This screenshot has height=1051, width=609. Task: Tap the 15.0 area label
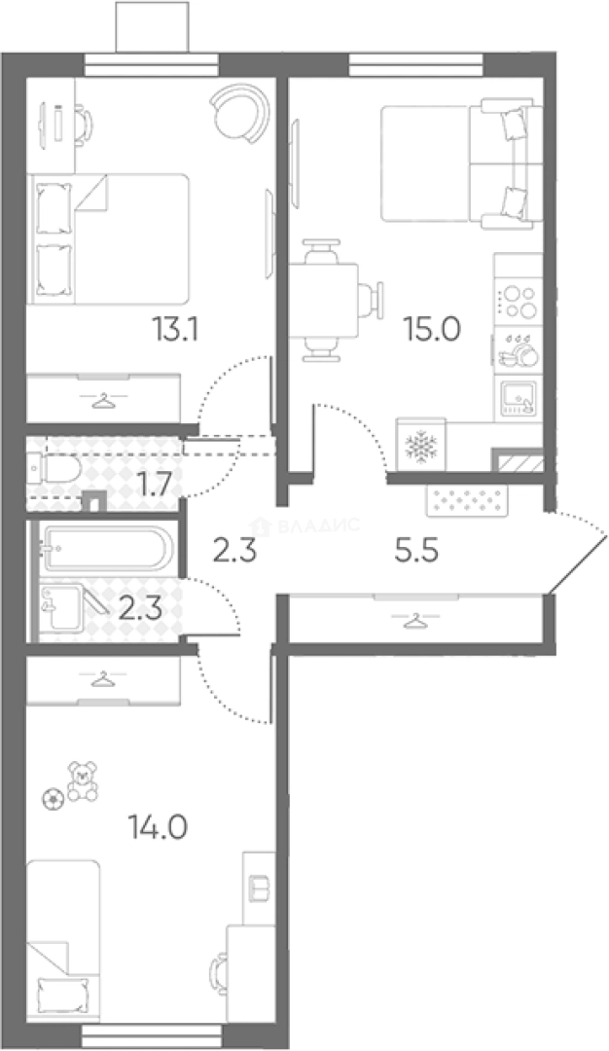pos(431,329)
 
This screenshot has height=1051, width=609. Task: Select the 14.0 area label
pos(158,828)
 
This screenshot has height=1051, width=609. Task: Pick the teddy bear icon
pos(82,780)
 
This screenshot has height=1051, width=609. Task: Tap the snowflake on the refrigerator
pos(420,446)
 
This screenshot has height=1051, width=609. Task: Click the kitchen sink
pos(518,397)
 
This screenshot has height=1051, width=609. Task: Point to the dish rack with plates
pos(517,350)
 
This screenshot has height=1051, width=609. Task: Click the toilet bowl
pos(54,469)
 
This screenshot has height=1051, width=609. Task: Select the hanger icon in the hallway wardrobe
pos(415,621)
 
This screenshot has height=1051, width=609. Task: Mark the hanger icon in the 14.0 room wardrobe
pos(102,681)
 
